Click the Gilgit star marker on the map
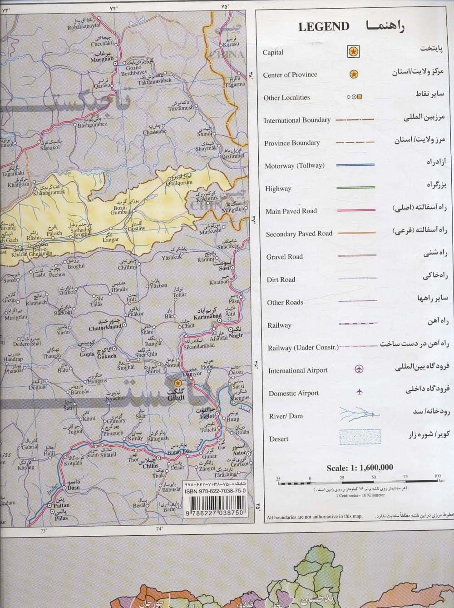[x=178, y=383]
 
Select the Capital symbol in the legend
[x=353, y=52]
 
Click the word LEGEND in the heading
[x=324, y=27]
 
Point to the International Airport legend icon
[x=359, y=369]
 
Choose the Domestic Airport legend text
[x=293, y=393]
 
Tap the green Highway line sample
[x=355, y=188]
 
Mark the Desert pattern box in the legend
[x=360, y=437]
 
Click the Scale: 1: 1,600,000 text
[x=360, y=468]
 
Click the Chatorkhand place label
[x=105, y=327]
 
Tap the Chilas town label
[x=150, y=466]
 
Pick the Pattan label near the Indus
[x=61, y=505]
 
